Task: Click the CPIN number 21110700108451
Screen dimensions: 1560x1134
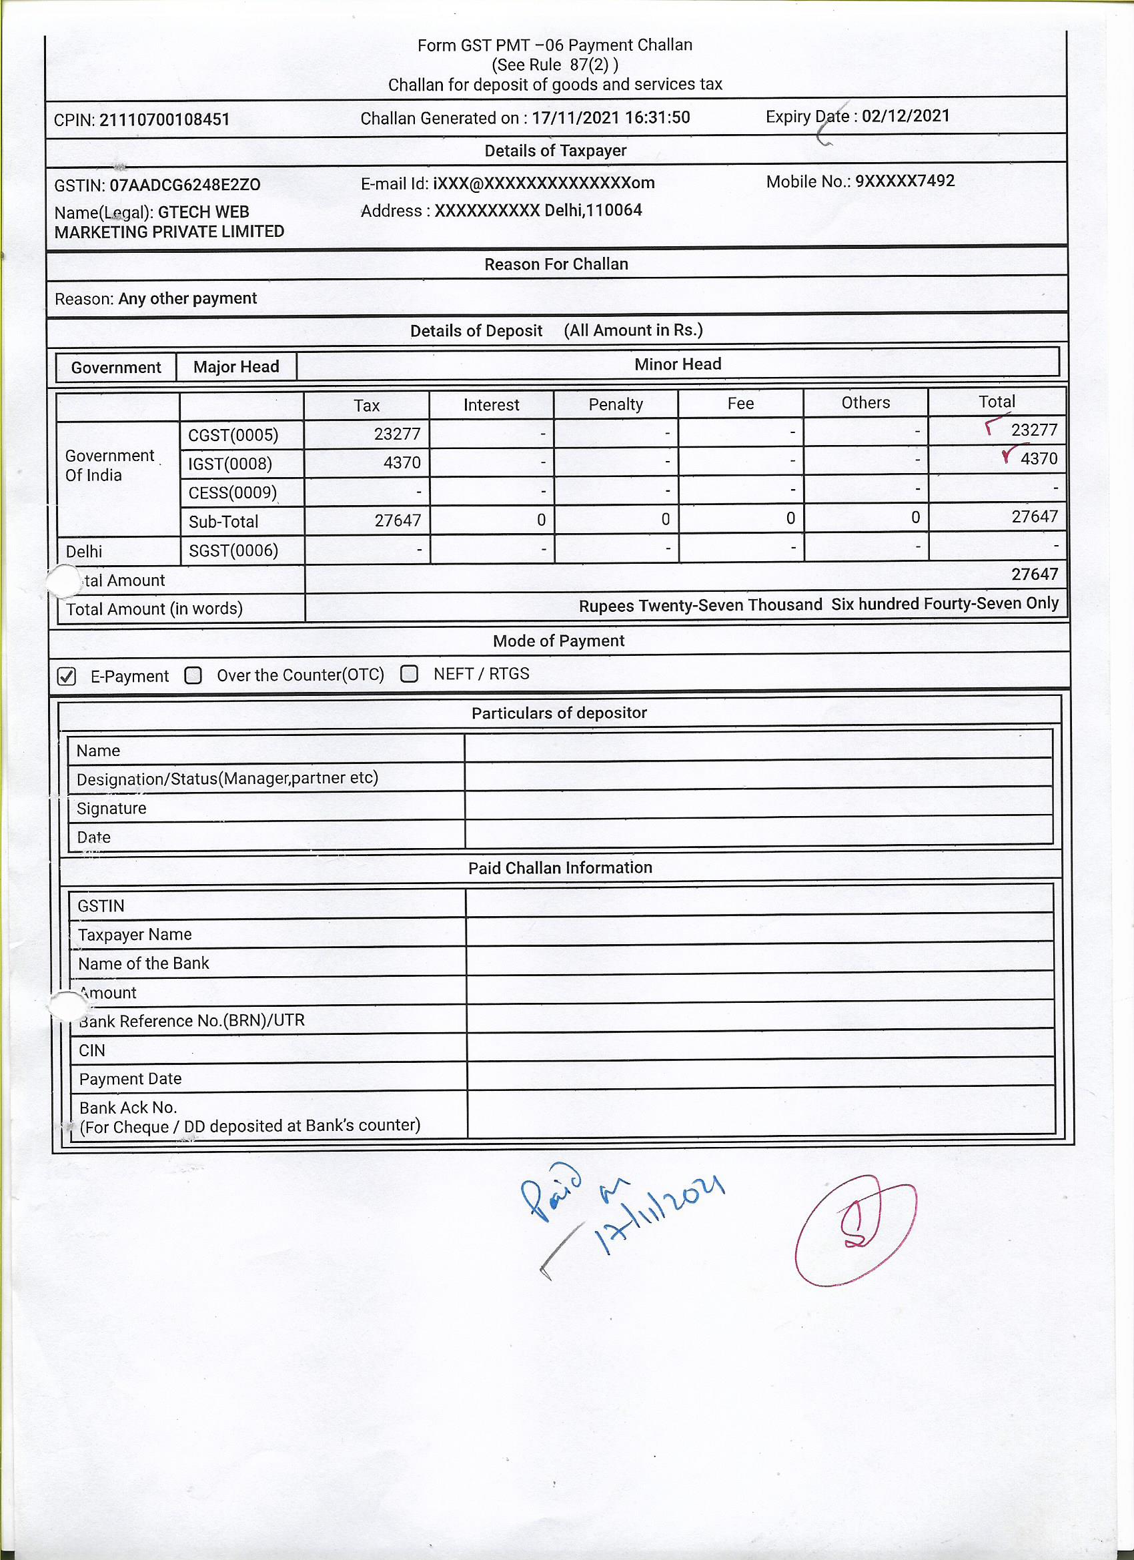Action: [164, 119]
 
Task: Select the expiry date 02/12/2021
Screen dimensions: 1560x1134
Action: [905, 115]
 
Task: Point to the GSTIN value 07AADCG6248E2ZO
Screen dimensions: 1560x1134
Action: [185, 185]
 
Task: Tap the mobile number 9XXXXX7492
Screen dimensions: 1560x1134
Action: [905, 181]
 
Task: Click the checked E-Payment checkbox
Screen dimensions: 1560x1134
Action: [67, 676]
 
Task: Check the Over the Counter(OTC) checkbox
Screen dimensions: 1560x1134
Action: [193, 675]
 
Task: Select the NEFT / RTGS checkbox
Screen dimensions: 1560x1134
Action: [409, 673]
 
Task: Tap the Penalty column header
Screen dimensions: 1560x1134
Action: [616, 404]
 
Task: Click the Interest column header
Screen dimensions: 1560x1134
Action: [491, 405]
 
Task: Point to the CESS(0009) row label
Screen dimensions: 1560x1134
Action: [232, 492]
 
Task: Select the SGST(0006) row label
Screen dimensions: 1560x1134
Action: [233, 550]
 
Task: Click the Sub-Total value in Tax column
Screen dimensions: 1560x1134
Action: [398, 520]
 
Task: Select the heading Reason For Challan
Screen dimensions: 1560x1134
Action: [556, 264]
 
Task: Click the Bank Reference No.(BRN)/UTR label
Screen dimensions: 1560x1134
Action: [192, 1021]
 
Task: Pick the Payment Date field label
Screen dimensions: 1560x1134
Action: [130, 1078]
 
